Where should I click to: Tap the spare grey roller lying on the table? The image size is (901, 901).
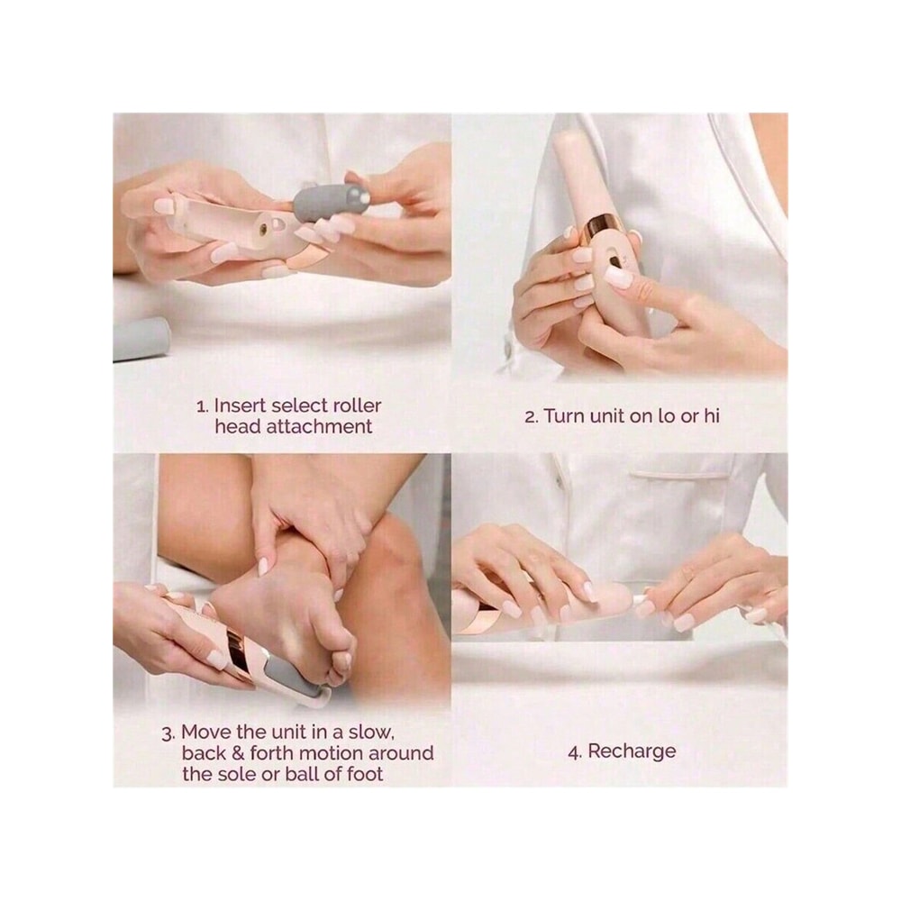141,339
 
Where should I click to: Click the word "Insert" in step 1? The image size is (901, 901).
239,405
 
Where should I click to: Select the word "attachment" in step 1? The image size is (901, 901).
319,427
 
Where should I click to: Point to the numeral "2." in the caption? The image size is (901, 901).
532,416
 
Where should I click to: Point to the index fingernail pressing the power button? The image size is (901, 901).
618,277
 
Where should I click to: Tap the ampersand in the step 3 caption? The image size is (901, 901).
238,753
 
